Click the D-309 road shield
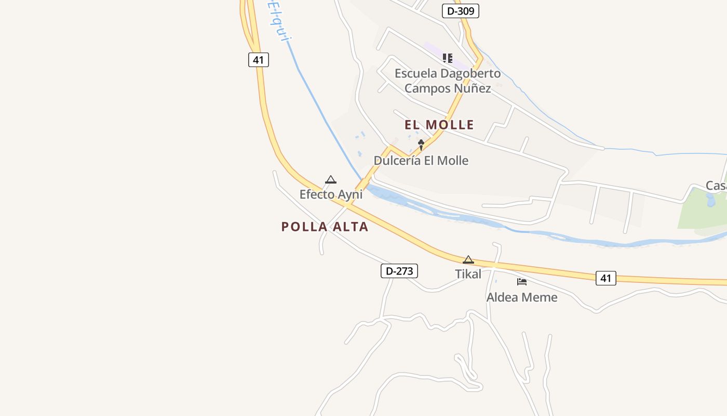pyautogui.click(x=460, y=11)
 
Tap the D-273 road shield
pyautogui.click(x=399, y=271)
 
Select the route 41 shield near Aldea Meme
pyautogui.click(x=605, y=278)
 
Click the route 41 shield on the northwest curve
pyautogui.click(x=258, y=60)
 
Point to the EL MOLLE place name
pyautogui.click(x=439, y=125)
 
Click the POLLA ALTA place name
pyautogui.click(x=325, y=227)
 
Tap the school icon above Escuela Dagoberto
pyautogui.click(x=447, y=58)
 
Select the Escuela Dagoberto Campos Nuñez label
pyautogui.click(x=448, y=81)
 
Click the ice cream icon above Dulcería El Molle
pyautogui.click(x=421, y=145)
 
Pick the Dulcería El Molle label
pyautogui.click(x=421, y=161)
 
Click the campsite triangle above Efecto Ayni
pyautogui.click(x=331, y=180)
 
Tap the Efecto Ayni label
pyautogui.click(x=331, y=194)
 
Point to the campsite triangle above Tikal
pyautogui.click(x=468, y=259)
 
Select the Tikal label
pyautogui.click(x=468, y=274)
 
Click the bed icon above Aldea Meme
pyautogui.click(x=522, y=282)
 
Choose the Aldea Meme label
pyautogui.click(x=522, y=297)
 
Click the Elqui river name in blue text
pyautogui.click(x=278, y=21)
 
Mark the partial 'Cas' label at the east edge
pyautogui.click(x=716, y=186)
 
